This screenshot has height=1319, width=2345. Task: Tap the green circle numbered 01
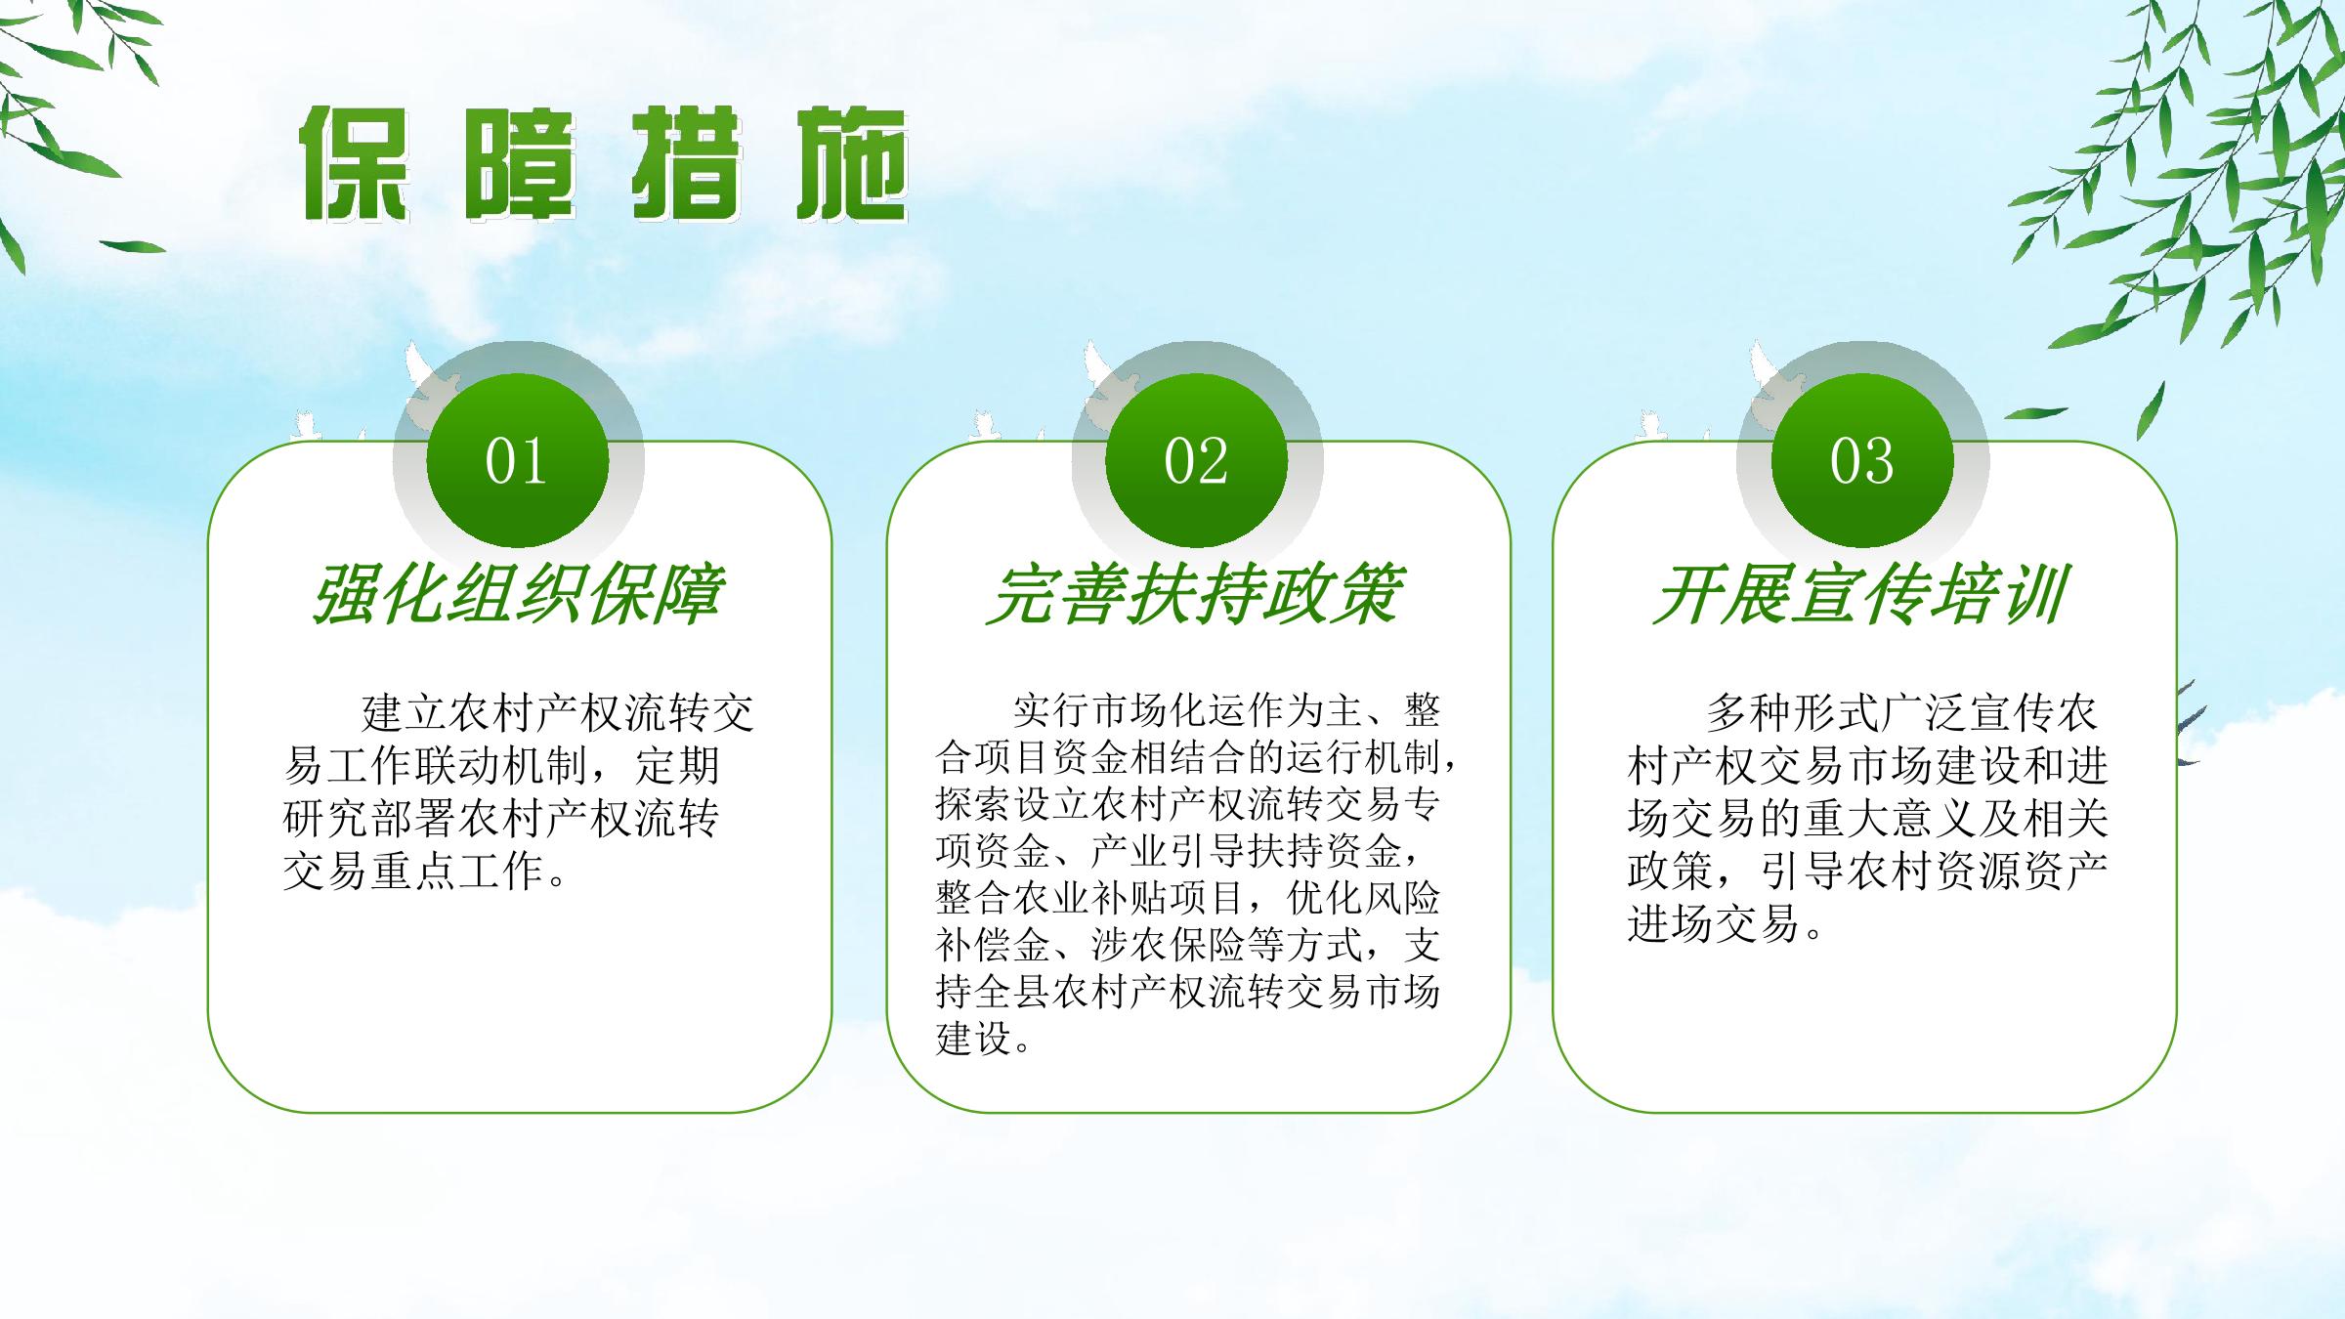pyautogui.click(x=518, y=461)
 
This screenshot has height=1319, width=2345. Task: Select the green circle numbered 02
pyautogui.click(x=1196, y=461)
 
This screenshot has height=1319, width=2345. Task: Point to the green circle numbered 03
pyautogui.click(x=1862, y=461)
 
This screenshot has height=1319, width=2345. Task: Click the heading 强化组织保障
pyautogui.click(x=518, y=594)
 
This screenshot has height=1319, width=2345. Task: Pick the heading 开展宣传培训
pyautogui.click(x=1860, y=594)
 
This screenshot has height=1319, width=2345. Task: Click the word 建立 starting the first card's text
pyautogui.click(x=405, y=713)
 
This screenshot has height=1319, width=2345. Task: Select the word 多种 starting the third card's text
pyautogui.click(x=1749, y=713)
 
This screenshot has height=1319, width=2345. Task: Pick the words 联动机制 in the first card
pyautogui.click(x=502, y=766)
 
